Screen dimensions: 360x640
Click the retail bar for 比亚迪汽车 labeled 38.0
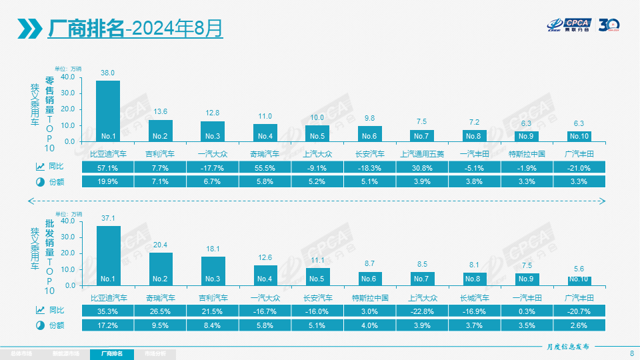108,110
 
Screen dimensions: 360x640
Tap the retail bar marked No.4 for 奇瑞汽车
265,133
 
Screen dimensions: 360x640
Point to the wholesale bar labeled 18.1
213,271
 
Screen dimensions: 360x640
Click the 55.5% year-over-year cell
265,167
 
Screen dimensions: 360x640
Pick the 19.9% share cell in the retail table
108,181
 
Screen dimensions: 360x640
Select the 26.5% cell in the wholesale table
160,311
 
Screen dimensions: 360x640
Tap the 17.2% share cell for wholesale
108,325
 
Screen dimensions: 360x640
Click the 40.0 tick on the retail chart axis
67,77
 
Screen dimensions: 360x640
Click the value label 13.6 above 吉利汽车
160,112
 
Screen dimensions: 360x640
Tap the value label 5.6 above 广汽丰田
579,268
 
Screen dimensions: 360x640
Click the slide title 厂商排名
86,29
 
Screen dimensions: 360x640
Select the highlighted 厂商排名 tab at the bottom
111,353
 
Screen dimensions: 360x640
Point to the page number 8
631,353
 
